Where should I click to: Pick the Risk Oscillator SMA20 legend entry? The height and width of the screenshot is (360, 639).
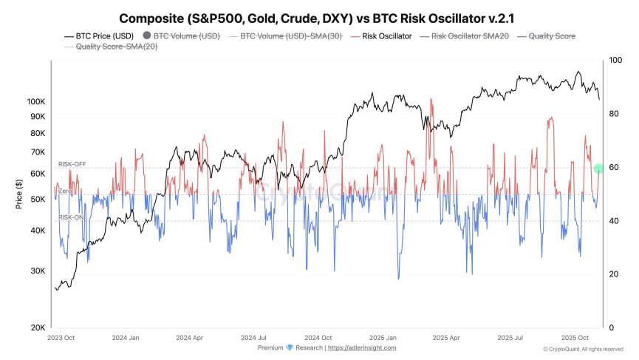coord(465,35)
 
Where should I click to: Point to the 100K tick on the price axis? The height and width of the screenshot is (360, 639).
coord(36,101)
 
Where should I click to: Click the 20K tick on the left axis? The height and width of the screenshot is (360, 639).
coord(38,327)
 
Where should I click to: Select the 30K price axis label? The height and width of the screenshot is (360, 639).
coord(38,271)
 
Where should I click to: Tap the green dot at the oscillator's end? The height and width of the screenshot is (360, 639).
coord(599,169)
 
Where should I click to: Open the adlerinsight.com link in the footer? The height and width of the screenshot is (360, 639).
coord(362,347)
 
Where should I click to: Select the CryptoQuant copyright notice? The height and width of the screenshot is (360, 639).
coord(584,349)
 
